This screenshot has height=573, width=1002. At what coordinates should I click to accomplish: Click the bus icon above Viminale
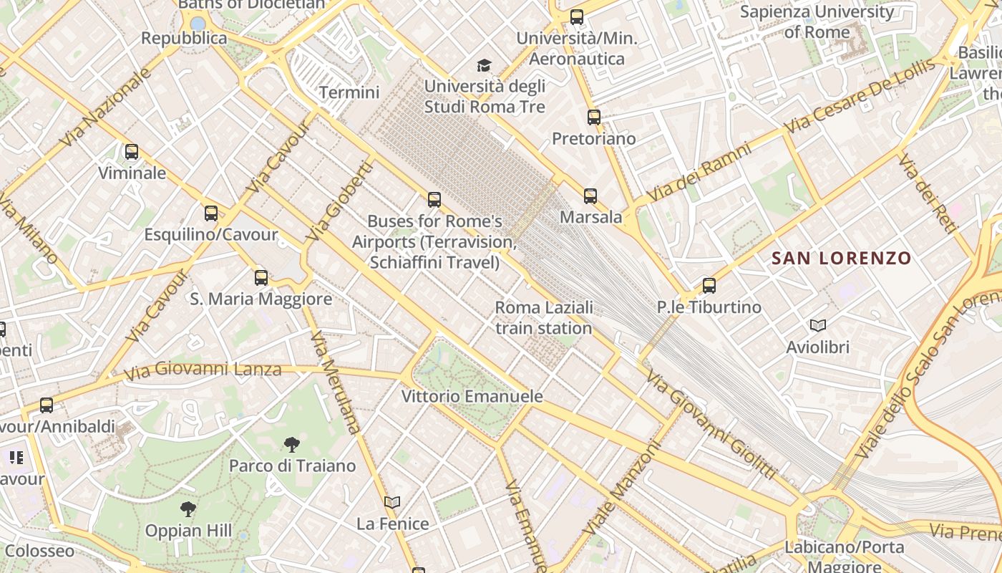click(132, 152)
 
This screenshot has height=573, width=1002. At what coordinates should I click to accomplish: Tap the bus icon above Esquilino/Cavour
click(211, 213)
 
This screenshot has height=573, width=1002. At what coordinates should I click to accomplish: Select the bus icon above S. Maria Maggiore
click(261, 278)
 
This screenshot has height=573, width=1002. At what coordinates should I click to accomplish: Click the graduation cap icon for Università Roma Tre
click(485, 66)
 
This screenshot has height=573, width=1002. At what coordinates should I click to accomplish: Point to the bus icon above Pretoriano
click(594, 117)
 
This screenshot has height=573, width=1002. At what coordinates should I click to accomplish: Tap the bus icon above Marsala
click(590, 196)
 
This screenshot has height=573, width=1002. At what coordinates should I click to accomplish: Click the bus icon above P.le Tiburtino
click(709, 286)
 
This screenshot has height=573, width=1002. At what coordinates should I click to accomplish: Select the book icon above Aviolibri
click(818, 326)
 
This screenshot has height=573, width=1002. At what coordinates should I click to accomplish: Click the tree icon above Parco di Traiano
click(291, 445)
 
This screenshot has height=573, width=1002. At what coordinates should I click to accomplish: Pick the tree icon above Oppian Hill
click(188, 509)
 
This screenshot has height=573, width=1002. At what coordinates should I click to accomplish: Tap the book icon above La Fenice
click(392, 502)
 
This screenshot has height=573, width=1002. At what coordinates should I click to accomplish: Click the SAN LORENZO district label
click(842, 259)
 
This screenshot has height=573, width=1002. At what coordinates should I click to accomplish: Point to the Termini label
click(349, 92)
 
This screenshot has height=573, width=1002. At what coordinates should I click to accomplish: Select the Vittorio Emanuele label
click(472, 396)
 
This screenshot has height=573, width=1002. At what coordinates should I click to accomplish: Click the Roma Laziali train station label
click(544, 318)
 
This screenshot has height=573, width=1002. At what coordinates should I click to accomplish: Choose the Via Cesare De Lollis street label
click(859, 97)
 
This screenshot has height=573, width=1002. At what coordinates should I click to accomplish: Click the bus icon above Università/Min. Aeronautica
click(577, 17)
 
